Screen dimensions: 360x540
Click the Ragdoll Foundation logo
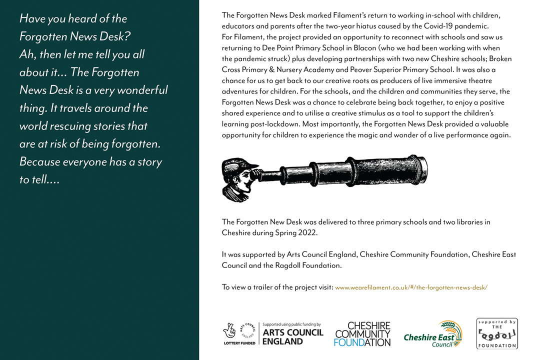coord(497,333)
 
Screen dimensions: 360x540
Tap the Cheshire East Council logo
coord(433,334)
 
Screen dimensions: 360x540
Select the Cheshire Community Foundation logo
coord(362,334)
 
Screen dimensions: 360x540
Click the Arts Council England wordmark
coord(292,337)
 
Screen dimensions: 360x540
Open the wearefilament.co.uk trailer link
coord(411,287)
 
